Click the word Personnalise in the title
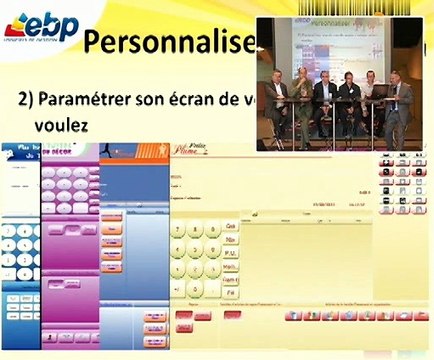click(165, 43)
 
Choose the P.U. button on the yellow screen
click(230, 254)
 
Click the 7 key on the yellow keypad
click(179, 230)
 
